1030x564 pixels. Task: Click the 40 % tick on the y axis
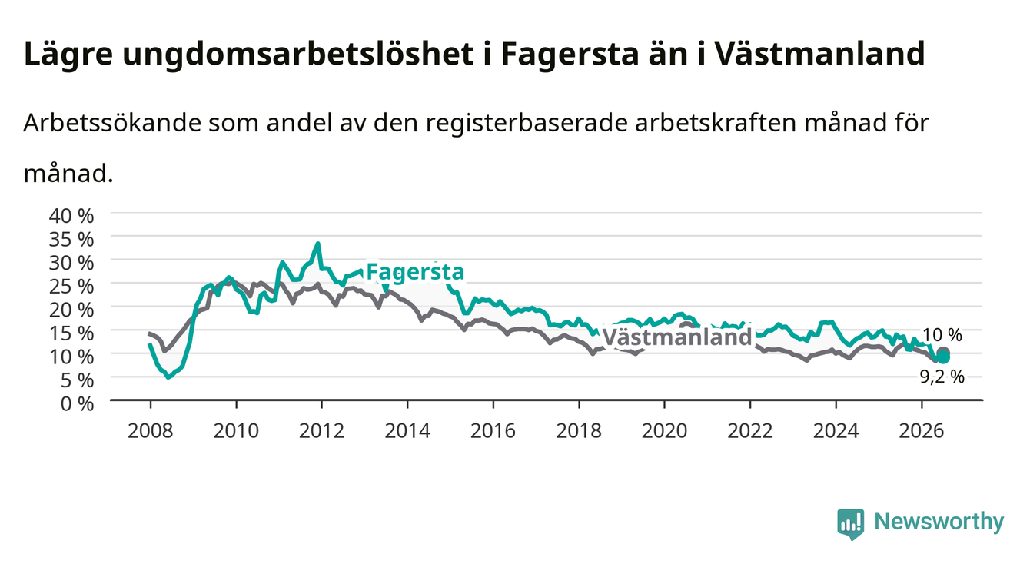(x=71, y=216)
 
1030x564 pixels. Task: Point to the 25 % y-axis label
(x=71, y=287)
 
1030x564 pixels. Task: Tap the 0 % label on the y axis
(x=77, y=403)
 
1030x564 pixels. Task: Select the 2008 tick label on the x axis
(x=151, y=431)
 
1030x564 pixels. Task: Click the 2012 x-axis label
(x=322, y=431)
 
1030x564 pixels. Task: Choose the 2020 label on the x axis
(x=664, y=431)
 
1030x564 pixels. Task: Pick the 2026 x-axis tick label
(x=922, y=431)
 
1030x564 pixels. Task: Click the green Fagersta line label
(x=415, y=272)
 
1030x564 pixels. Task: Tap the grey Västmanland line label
(x=677, y=337)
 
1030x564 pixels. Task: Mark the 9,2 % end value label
(x=942, y=377)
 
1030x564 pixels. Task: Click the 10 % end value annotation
(x=942, y=335)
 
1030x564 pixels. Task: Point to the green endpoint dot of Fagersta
(x=943, y=357)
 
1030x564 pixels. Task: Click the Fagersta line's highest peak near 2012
(x=317, y=244)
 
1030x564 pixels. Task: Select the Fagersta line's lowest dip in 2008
(x=168, y=377)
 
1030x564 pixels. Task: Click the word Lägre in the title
(x=68, y=55)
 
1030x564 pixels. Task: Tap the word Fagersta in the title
(x=570, y=55)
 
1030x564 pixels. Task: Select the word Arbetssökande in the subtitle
(x=112, y=123)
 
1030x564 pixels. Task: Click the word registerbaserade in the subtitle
(x=527, y=123)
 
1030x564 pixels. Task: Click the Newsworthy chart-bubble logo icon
(x=851, y=523)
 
